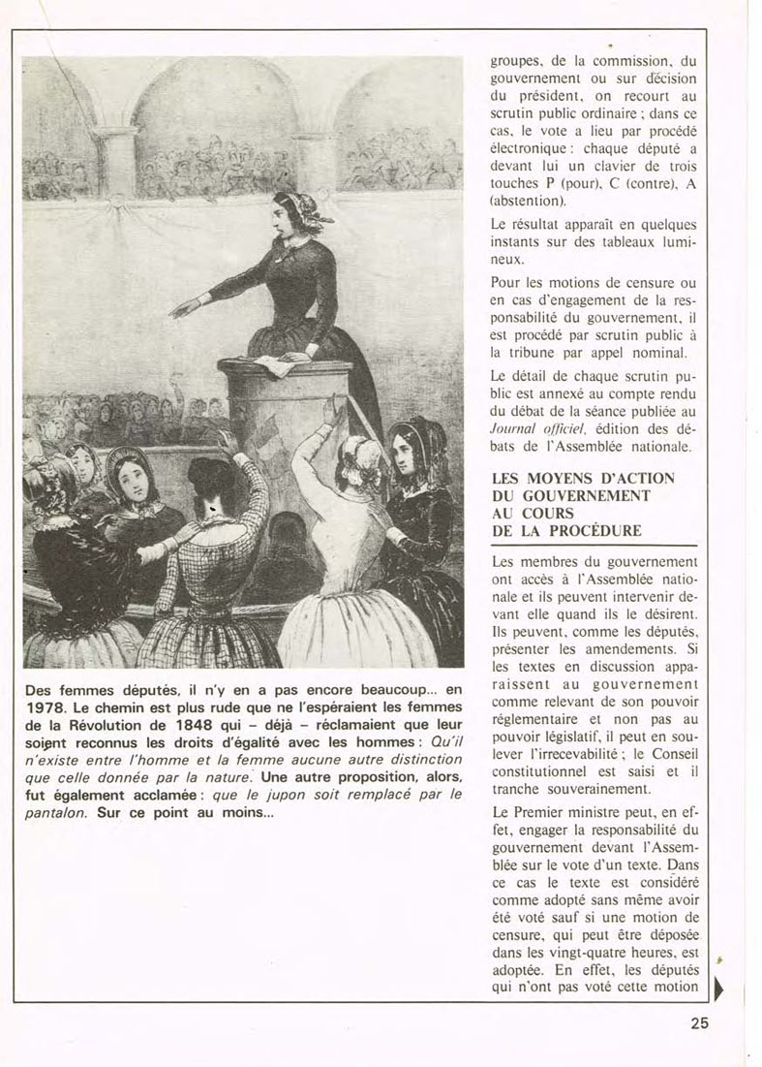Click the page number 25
coord(700,1021)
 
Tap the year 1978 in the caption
coord(46,706)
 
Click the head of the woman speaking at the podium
coord(289,211)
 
